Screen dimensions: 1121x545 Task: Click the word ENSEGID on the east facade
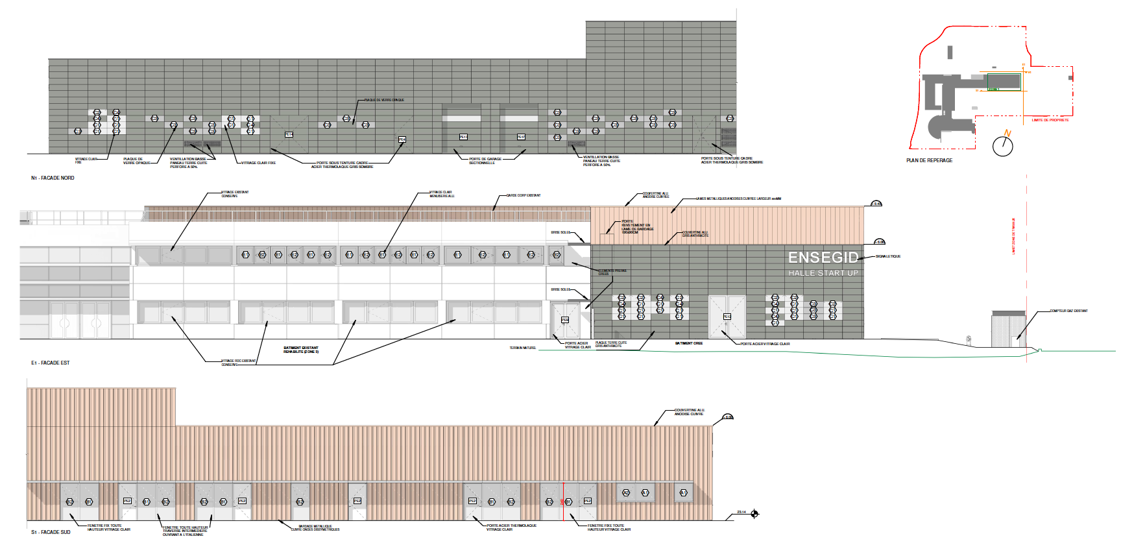pyautogui.click(x=823, y=258)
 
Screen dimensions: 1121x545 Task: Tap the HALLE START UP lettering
pyautogui.click(x=823, y=273)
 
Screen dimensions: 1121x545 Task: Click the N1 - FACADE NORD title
pyautogui.click(x=53, y=178)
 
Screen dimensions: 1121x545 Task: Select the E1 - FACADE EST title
pyautogui.click(x=50, y=363)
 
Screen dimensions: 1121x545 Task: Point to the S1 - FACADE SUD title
pyautogui.click(x=51, y=532)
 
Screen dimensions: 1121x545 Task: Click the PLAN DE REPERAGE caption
pyautogui.click(x=929, y=160)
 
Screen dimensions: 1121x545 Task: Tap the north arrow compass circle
pyautogui.click(x=1002, y=146)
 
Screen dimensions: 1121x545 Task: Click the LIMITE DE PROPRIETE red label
pyautogui.click(x=1050, y=120)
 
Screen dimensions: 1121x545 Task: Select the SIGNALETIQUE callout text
pyautogui.click(x=887, y=256)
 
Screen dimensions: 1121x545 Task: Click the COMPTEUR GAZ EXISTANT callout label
pyautogui.click(x=1068, y=311)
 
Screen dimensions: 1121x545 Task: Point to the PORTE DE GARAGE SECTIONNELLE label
pyautogui.click(x=485, y=161)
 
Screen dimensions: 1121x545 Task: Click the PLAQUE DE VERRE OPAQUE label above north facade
pyautogui.click(x=384, y=100)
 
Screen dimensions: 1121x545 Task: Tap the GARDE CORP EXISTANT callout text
pyautogui.click(x=524, y=195)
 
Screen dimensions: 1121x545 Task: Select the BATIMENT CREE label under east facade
pyautogui.click(x=688, y=343)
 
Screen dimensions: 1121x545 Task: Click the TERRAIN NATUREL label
pyautogui.click(x=522, y=348)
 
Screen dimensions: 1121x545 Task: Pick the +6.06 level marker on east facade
pyautogui.click(x=879, y=242)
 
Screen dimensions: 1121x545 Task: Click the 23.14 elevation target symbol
pyautogui.click(x=754, y=514)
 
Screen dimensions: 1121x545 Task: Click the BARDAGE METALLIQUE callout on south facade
pyautogui.click(x=315, y=527)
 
